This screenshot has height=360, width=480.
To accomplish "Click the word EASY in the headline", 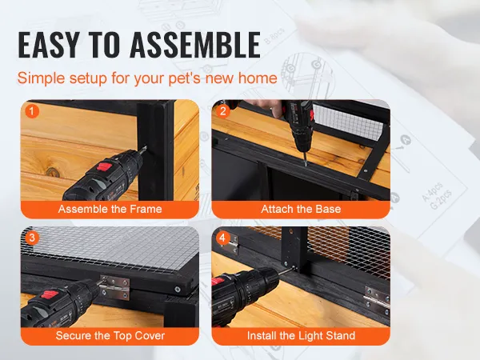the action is click(49, 45).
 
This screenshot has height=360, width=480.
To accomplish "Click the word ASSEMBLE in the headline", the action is click(195, 45).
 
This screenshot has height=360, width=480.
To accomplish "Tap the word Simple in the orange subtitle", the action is click(41, 78).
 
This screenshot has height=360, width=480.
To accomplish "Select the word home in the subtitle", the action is click(258, 78).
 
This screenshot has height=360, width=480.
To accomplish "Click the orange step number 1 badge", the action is click(32, 111).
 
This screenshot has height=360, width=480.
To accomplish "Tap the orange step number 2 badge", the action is click(223, 111).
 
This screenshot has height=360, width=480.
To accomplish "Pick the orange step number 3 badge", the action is click(32, 238).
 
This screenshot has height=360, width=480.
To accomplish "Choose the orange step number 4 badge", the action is click(223, 238).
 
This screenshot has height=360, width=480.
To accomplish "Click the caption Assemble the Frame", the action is click(110, 209).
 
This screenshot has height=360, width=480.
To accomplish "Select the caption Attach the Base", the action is click(301, 209).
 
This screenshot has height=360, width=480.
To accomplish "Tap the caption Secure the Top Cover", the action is click(110, 336).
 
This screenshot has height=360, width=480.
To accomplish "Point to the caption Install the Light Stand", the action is click(301, 336).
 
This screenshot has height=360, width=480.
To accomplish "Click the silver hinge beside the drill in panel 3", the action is click(114, 287).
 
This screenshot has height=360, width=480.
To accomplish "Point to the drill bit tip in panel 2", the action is click(306, 165).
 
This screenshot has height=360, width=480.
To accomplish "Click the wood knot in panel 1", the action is click(53, 172).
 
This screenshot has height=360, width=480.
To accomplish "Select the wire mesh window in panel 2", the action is click(348, 121).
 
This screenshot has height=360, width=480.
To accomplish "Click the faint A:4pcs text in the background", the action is click(432, 192).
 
